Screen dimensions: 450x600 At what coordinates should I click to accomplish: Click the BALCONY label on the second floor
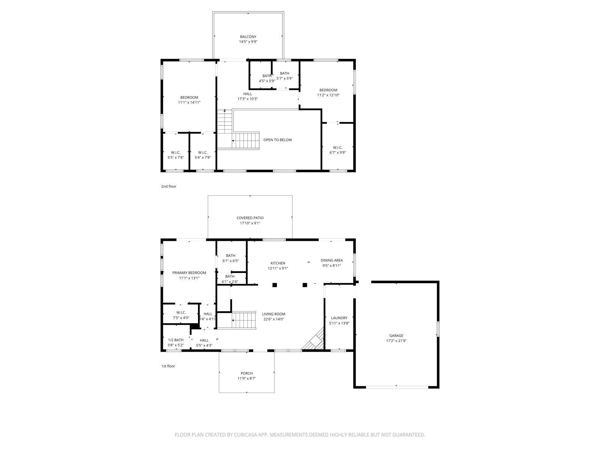point(248,37)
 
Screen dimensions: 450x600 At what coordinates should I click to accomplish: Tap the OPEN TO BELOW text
point(277,140)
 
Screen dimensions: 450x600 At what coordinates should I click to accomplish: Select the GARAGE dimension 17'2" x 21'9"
point(396,341)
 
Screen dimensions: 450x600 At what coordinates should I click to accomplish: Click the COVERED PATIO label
point(250,218)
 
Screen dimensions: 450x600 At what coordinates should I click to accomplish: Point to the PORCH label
point(246,373)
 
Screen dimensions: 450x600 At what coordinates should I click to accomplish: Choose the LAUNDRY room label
point(339,318)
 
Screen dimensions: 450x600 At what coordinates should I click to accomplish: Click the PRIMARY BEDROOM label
point(189,273)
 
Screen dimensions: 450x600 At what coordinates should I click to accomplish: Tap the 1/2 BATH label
point(175,340)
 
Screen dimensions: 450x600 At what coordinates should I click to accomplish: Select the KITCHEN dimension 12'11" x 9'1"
point(278,268)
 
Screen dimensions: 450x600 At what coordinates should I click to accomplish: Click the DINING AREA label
point(331,260)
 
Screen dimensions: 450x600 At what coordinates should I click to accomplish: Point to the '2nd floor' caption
point(169,186)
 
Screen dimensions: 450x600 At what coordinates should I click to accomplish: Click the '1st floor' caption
point(168,366)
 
